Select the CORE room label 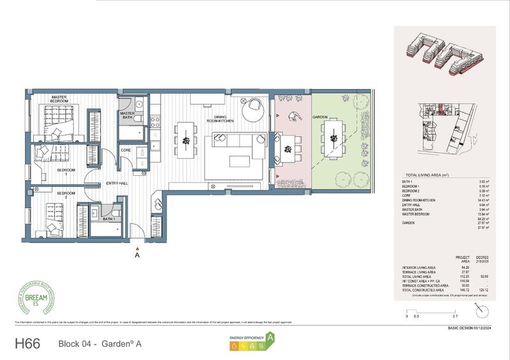click(126, 150)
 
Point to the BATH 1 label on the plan click(109, 219)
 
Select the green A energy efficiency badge click(271, 338)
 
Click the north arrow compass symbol click(481, 310)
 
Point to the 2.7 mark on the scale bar click(455, 316)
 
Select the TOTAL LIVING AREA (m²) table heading click(428, 174)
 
